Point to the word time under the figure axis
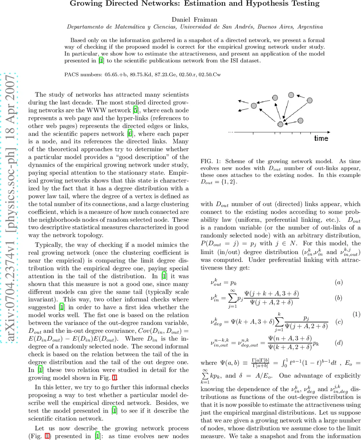coord(321,139)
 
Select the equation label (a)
coord(339,282)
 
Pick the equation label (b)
coord(339,298)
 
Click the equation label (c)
coord(339,322)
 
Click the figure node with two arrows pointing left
coord(254,106)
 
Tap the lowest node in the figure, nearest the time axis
coord(280,124)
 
